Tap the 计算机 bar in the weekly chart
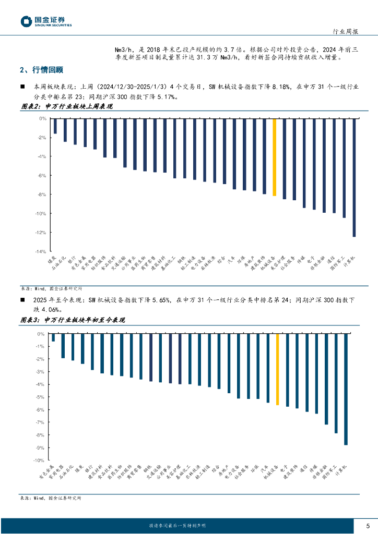coord(354,177)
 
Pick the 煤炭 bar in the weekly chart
coord(55,126)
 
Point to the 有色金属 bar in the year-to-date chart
coord(53,338)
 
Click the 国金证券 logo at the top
coord(46,21)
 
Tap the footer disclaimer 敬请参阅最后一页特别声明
coord(177,526)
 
